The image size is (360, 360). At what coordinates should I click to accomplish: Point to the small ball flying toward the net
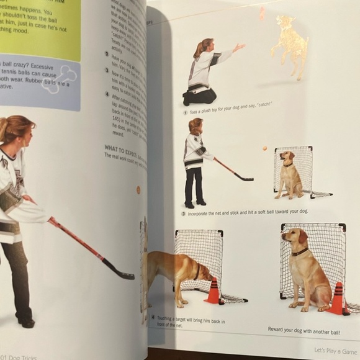tap(264, 149)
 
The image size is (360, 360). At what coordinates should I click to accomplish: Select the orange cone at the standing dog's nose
tap(213, 291)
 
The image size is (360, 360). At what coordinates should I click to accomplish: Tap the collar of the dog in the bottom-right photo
tap(300, 251)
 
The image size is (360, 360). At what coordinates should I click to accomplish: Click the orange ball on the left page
tap(138, 190)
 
